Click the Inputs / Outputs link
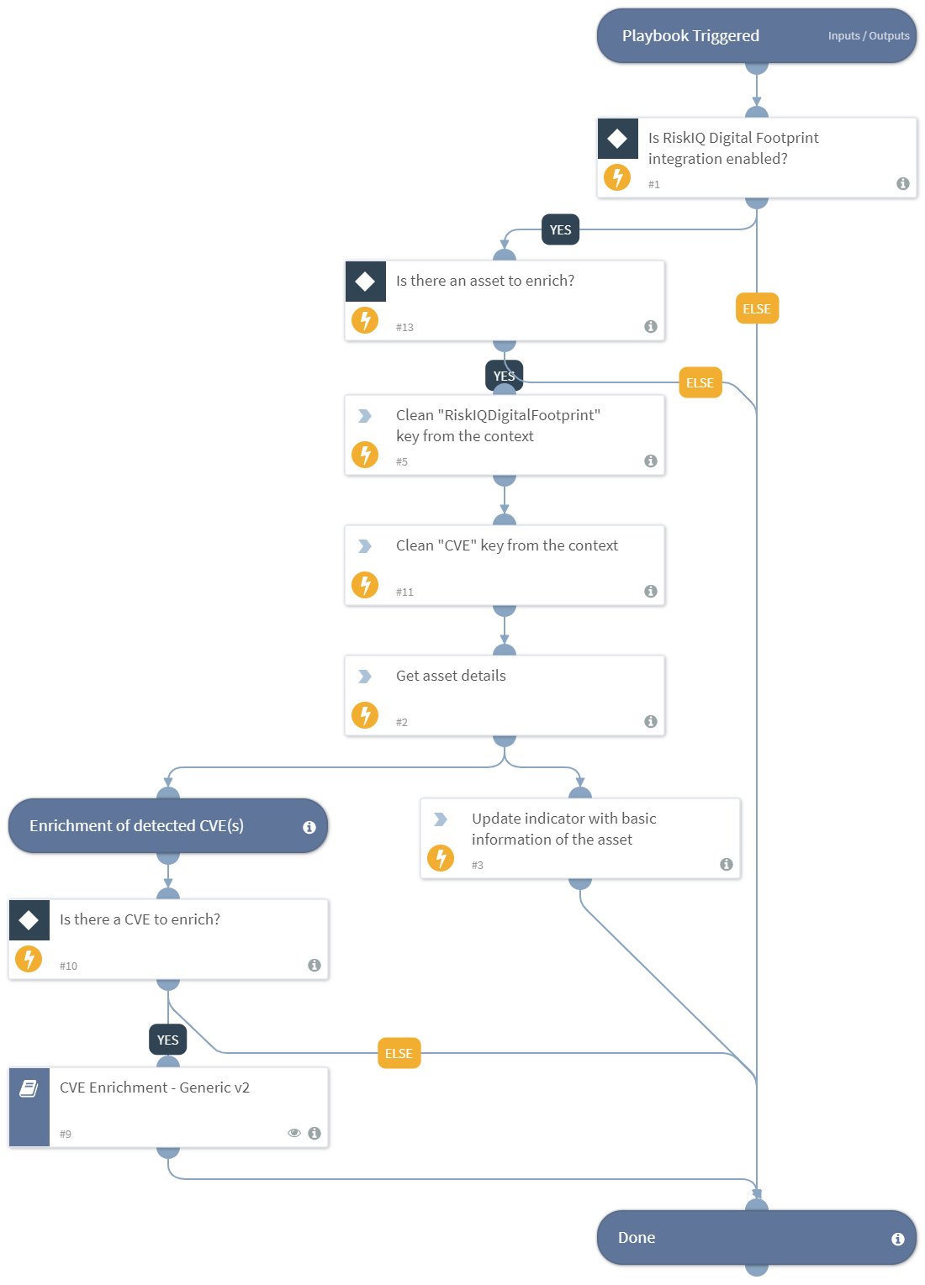point(868,36)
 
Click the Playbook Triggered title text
point(690,36)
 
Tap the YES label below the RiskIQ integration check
point(560,230)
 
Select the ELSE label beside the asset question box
point(756,308)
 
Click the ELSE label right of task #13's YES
point(700,382)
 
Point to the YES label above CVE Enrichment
point(167,1040)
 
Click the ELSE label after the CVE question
point(399,1053)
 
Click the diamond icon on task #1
point(617,139)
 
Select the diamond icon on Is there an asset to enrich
point(365,282)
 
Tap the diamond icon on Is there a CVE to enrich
point(29,920)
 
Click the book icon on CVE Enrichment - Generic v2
point(29,1088)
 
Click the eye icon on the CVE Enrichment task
point(294,1133)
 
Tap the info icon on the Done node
point(897,1239)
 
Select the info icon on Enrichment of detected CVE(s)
point(309,827)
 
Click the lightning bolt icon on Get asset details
point(365,715)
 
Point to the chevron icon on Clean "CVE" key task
point(365,546)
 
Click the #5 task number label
point(402,461)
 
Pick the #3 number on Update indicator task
point(478,865)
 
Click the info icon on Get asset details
point(650,721)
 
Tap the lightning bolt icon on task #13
point(365,320)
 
